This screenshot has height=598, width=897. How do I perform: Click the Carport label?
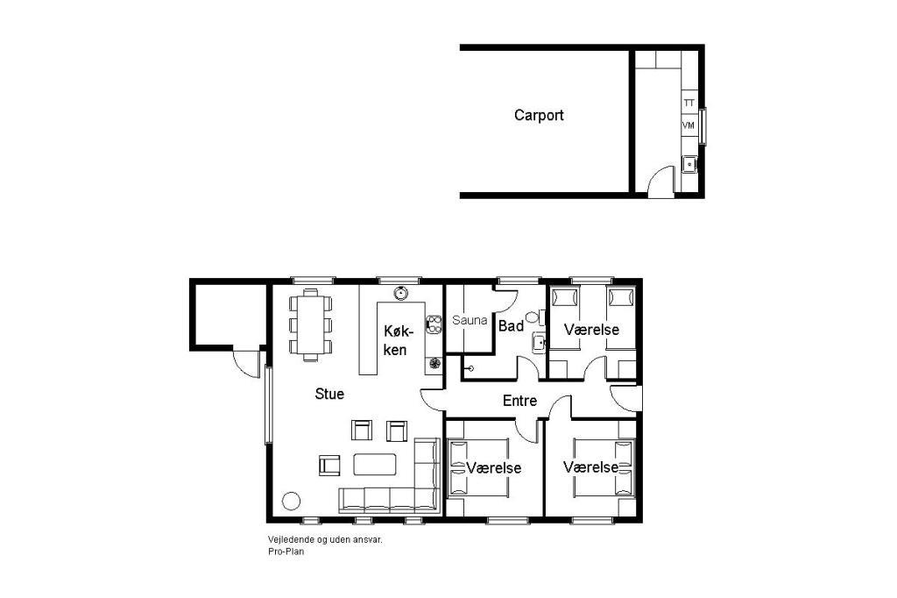[539, 115]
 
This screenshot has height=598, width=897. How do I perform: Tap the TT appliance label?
[689, 103]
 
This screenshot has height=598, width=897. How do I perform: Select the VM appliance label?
[689, 125]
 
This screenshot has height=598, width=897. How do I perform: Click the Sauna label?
[470, 320]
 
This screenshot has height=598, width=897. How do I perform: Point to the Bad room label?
[511, 326]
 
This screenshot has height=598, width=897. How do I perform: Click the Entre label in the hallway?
[519, 401]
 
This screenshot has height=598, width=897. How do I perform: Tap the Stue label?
[329, 394]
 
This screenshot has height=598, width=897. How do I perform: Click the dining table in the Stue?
[311, 324]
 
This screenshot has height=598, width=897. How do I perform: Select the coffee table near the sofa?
[375, 464]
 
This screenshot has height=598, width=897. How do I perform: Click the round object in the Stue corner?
[291, 501]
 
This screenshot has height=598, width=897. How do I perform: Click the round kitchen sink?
[400, 294]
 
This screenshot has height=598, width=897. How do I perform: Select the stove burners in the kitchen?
[434, 324]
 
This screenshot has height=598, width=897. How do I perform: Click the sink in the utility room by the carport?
[689, 164]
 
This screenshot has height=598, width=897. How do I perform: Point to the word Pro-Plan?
[286, 552]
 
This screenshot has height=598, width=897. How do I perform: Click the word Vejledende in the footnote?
[288, 539]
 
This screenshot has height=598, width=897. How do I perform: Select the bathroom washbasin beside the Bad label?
[539, 343]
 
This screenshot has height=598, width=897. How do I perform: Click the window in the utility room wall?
[703, 125]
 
